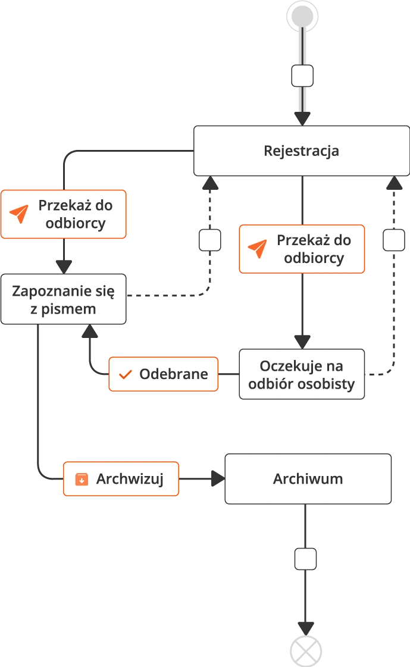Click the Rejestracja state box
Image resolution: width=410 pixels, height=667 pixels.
click(x=301, y=151)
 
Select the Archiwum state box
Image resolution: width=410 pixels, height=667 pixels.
click(x=308, y=479)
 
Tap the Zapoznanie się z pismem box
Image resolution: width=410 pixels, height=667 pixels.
click(x=64, y=299)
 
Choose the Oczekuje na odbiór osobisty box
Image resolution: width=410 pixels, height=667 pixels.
click(x=302, y=374)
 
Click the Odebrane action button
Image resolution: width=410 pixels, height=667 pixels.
click(x=164, y=374)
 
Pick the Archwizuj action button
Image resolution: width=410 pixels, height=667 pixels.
click(x=121, y=479)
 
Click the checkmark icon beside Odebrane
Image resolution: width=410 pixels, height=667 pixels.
click(x=125, y=374)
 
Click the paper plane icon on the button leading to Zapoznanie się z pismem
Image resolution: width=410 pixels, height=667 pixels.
click(x=20, y=214)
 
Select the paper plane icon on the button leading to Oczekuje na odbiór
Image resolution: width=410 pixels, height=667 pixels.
click(x=258, y=249)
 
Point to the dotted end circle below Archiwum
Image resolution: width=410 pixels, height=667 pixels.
click(x=305, y=650)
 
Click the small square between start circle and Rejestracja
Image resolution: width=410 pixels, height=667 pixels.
click(x=302, y=76)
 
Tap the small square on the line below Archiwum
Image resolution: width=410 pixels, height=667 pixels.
click(x=306, y=559)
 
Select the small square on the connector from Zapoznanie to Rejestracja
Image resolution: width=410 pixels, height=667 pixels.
click(x=209, y=240)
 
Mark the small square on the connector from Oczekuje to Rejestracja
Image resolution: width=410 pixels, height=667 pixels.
click(x=393, y=240)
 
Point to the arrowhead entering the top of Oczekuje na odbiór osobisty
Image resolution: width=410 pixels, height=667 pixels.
click(x=302, y=340)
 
